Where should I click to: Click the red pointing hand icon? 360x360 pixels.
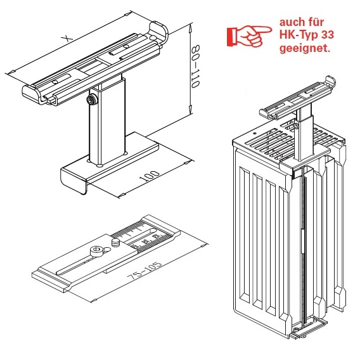(249, 36)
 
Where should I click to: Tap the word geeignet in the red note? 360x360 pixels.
(305, 49)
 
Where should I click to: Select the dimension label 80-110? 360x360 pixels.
(196, 67)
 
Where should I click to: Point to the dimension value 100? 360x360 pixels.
(150, 176)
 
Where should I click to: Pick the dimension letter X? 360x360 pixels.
(67, 38)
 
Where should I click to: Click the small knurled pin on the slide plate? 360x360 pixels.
(115, 243)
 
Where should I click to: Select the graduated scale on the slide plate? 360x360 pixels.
(143, 237)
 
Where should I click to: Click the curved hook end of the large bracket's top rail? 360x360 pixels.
(159, 32)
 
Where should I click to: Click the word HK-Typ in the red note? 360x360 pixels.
(296, 35)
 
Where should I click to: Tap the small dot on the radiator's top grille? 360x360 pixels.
(255, 133)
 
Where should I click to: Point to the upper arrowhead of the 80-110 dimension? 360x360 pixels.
(190, 28)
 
